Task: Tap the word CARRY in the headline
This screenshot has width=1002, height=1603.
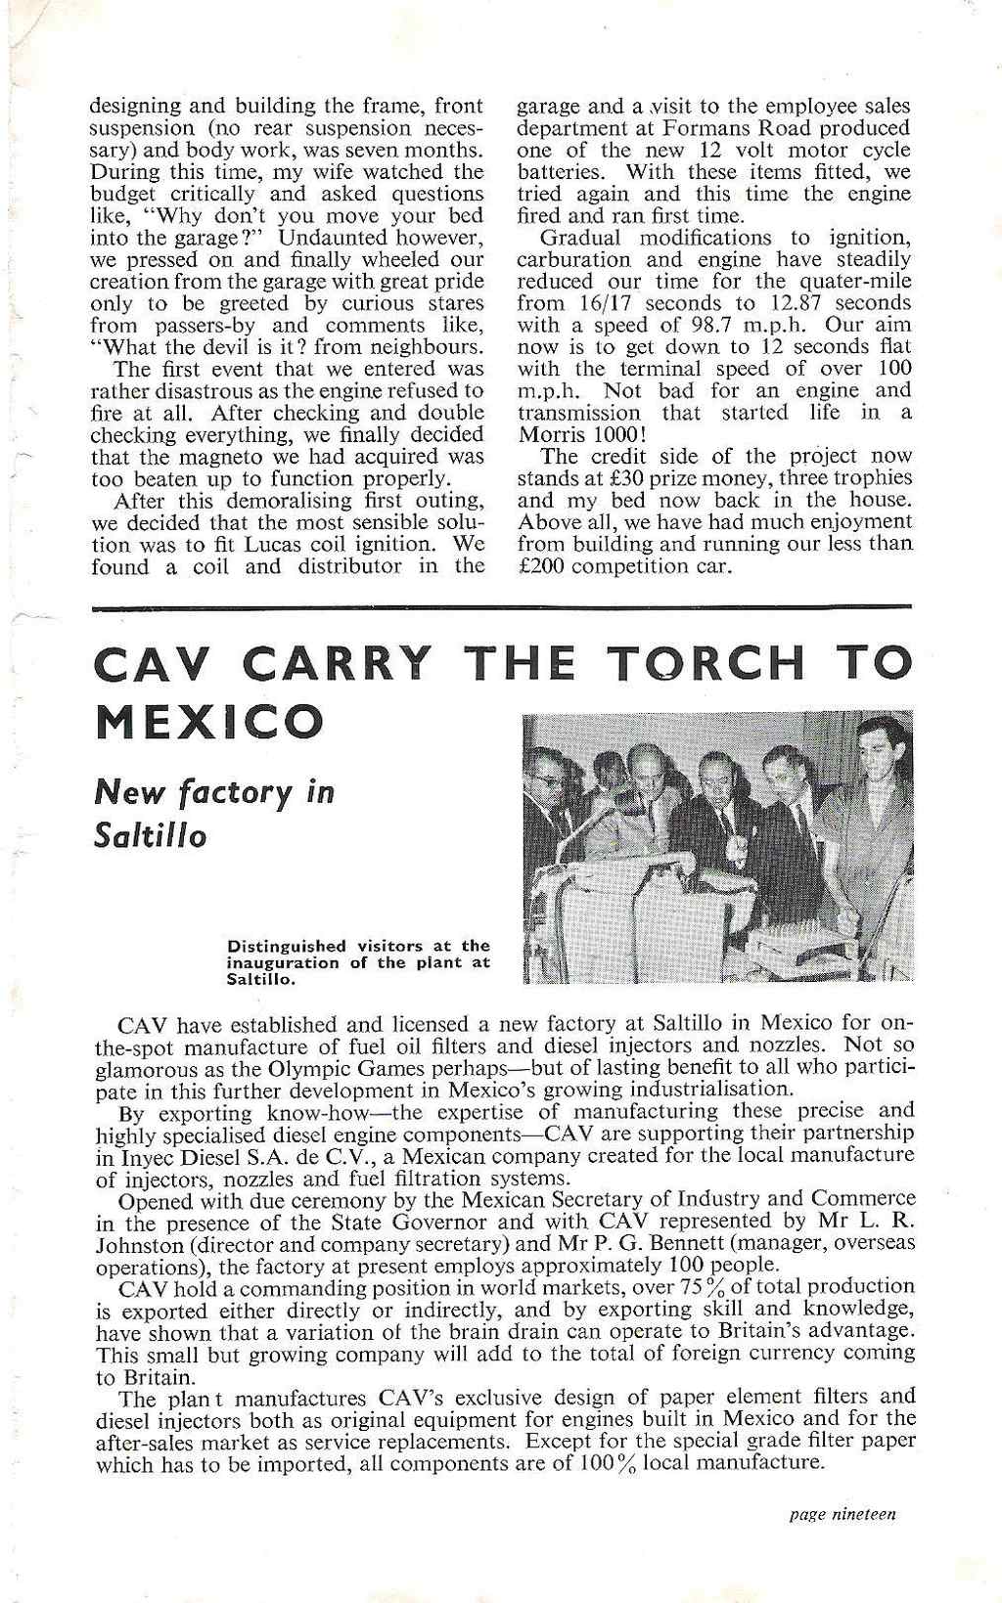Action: pos(351,665)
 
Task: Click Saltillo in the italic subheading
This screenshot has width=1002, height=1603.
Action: pos(150,837)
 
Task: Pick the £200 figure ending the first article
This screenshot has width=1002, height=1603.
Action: pos(537,566)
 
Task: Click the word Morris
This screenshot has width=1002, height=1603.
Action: pos(548,433)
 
